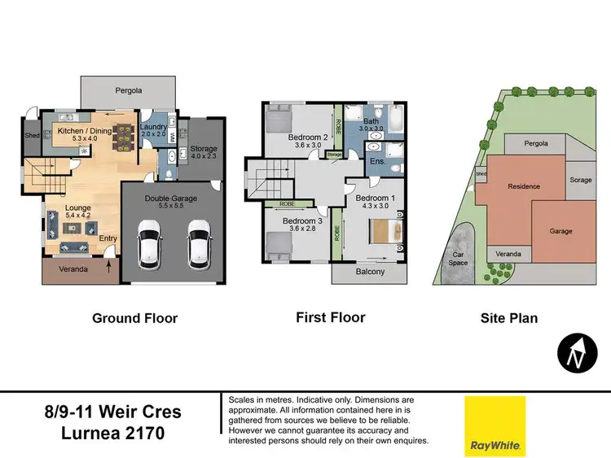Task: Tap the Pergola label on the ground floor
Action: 126,89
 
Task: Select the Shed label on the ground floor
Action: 32,136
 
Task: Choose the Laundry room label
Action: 153,128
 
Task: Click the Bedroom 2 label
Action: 307,137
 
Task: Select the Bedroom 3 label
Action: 302,220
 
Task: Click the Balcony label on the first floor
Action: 369,272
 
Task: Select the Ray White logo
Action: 495,426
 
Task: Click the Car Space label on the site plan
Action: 459,258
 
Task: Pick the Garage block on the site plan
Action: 560,230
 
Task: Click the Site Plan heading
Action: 510,318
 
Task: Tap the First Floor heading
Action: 330,317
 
